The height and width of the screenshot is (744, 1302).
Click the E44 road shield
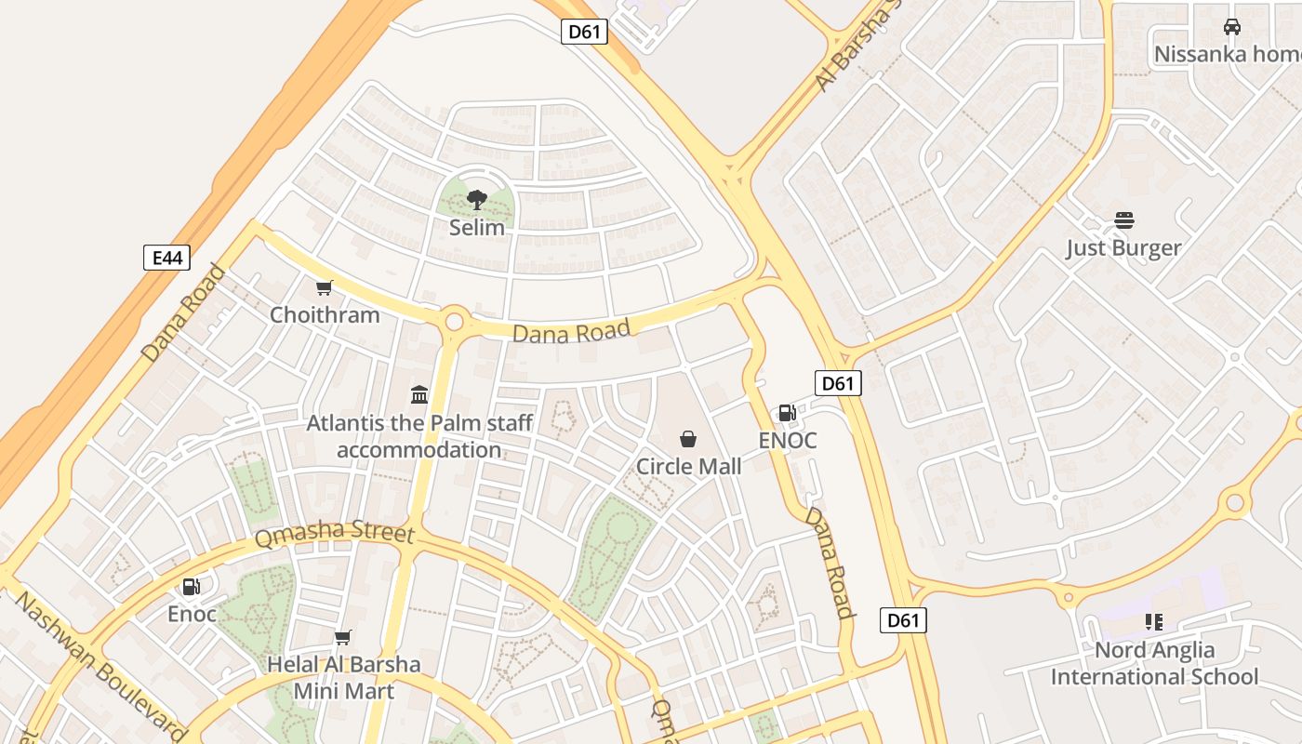[x=166, y=258]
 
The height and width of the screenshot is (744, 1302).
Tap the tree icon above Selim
[x=477, y=199]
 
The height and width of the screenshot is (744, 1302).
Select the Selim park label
[x=477, y=227]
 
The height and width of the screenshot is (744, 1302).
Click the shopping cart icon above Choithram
[x=324, y=288]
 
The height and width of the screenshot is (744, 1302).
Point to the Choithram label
[x=325, y=314]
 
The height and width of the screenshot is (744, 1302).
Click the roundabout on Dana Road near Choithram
[x=454, y=322]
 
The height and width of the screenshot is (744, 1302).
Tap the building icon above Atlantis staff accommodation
[x=418, y=395]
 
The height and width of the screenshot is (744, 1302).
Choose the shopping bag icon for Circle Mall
[x=688, y=439]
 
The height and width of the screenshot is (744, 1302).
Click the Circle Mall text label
[x=688, y=466]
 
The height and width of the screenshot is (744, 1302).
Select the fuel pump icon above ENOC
[x=787, y=413]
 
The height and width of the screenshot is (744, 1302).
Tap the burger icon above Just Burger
[x=1124, y=220]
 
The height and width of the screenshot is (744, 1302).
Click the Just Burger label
[x=1123, y=247]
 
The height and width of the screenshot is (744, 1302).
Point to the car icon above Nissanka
[x=1232, y=27]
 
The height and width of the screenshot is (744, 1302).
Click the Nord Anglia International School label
[x=1154, y=663]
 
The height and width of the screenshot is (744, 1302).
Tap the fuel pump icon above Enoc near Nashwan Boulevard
[x=191, y=586]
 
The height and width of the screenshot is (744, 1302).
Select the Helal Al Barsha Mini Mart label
[x=344, y=678]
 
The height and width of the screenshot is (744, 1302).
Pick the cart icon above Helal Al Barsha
[x=343, y=638]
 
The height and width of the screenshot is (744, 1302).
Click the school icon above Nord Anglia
[x=1154, y=622]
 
